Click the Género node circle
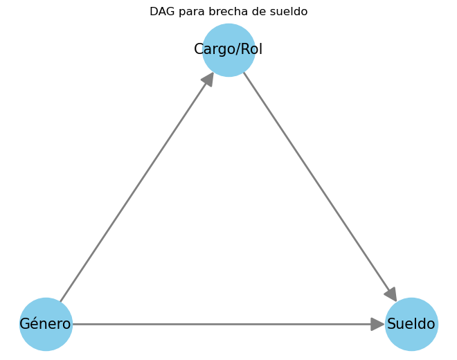pyautogui.click(x=46, y=324)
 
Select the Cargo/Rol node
pyautogui.click(x=228, y=50)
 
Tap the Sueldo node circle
pyautogui.click(x=411, y=324)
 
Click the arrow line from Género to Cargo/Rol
pyautogui.click(x=137, y=187)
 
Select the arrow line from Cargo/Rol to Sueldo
pyautogui.click(x=320, y=186)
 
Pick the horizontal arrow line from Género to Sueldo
pyautogui.click(x=228, y=324)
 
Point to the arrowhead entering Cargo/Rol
pyautogui.click(x=208, y=79)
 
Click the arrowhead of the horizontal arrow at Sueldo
pyautogui.click(x=378, y=324)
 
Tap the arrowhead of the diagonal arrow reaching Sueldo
pyautogui.click(x=391, y=294)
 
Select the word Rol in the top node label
pyautogui.click(x=251, y=48)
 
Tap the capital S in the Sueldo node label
pyautogui.click(x=391, y=324)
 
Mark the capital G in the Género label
pyautogui.click(x=25, y=324)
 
